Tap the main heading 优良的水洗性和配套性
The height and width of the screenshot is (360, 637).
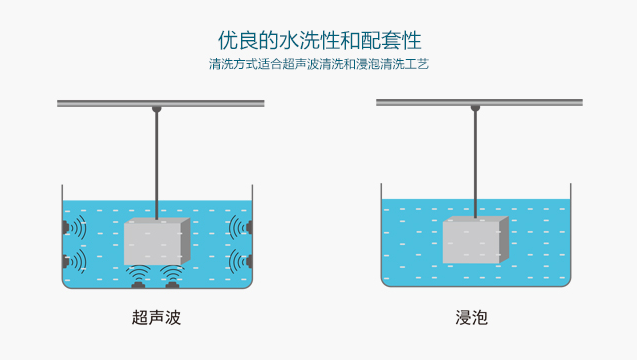pyautogui.click(x=319, y=41)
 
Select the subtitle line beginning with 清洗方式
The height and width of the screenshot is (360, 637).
pyautogui.click(x=319, y=65)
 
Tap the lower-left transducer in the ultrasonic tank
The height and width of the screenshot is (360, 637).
pyautogui.click(x=66, y=262)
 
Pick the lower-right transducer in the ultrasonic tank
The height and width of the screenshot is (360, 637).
pyautogui.click(x=247, y=262)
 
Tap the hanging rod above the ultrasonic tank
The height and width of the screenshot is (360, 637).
pyautogui.click(x=157, y=160)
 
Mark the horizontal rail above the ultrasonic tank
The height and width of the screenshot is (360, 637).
pyautogui.click(x=100, y=103)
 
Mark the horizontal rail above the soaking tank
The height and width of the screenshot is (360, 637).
pyautogui.click(x=420, y=102)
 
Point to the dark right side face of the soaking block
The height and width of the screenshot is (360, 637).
pyautogui.click(x=503, y=239)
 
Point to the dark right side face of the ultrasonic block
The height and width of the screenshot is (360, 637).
pyautogui.click(x=187, y=239)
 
